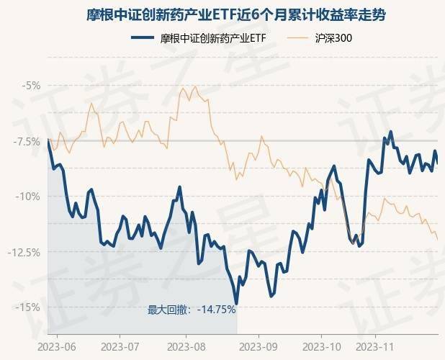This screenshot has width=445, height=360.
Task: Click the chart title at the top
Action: pos(223,14)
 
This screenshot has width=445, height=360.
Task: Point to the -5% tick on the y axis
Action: pos(32,85)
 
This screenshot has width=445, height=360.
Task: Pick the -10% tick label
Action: pos(30,196)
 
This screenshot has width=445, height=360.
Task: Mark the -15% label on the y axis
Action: pos(30,307)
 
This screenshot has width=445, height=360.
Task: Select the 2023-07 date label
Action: pos(120,346)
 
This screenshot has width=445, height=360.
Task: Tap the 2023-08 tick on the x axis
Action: pos(186,346)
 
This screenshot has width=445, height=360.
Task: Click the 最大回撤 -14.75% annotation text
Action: pos(192,310)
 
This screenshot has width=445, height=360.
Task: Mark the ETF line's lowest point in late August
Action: pos(236,303)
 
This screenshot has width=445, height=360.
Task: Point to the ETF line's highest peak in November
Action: pos(391,132)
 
